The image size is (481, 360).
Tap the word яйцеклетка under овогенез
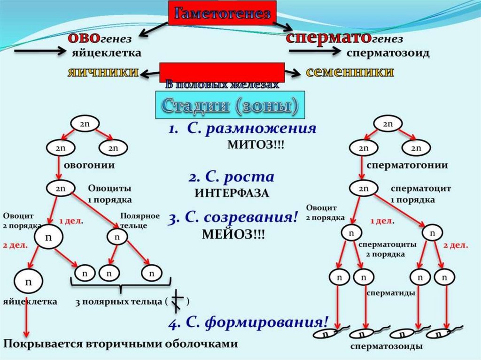(106, 53)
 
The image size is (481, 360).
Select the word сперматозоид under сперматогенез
(388, 53)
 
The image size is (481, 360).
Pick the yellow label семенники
(349, 72)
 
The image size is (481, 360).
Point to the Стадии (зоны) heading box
(230, 106)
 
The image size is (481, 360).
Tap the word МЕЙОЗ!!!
(233, 234)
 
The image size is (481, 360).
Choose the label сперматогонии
(407, 165)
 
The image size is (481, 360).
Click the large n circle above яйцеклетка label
(28, 282)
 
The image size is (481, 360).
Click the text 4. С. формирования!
(249, 322)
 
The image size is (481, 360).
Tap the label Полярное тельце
(133, 221)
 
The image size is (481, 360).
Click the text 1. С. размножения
(242, 129)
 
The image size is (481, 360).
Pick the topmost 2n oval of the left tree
(84, 124)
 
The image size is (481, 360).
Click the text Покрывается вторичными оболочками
(120, 344)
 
